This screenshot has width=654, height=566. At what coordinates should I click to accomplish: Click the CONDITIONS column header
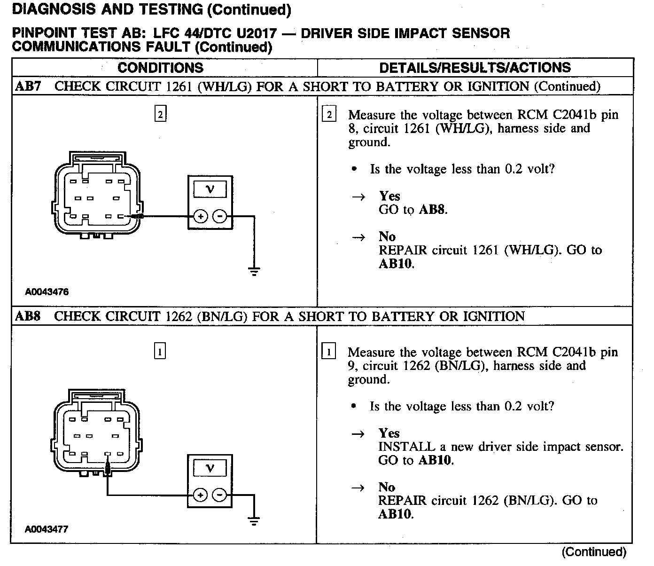coord(161,68)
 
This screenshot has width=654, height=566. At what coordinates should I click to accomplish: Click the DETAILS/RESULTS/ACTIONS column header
coord(475,68)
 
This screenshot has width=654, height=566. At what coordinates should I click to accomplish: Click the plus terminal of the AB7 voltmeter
coord(200,217)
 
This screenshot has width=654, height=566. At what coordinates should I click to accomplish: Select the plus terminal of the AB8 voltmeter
coord(200,495)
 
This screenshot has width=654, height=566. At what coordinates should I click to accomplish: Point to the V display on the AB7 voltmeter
coord(210,189)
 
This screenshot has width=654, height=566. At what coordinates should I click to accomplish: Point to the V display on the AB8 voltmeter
coord(210,468)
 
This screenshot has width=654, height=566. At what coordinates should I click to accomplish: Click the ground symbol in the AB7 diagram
coord(254,271)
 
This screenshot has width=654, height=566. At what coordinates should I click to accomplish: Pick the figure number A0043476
coord(47,292)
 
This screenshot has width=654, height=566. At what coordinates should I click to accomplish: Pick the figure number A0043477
coord(47,529)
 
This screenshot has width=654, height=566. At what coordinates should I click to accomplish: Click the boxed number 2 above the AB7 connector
coord(161,114)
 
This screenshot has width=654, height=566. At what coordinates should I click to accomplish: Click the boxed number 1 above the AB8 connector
coord(160,351)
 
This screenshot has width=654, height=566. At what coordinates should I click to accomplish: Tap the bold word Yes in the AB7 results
coord(389,196)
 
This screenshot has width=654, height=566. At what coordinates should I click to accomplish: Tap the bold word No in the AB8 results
coord(387,487)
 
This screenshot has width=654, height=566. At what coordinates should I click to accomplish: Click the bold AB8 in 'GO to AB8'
coord(431,210)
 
